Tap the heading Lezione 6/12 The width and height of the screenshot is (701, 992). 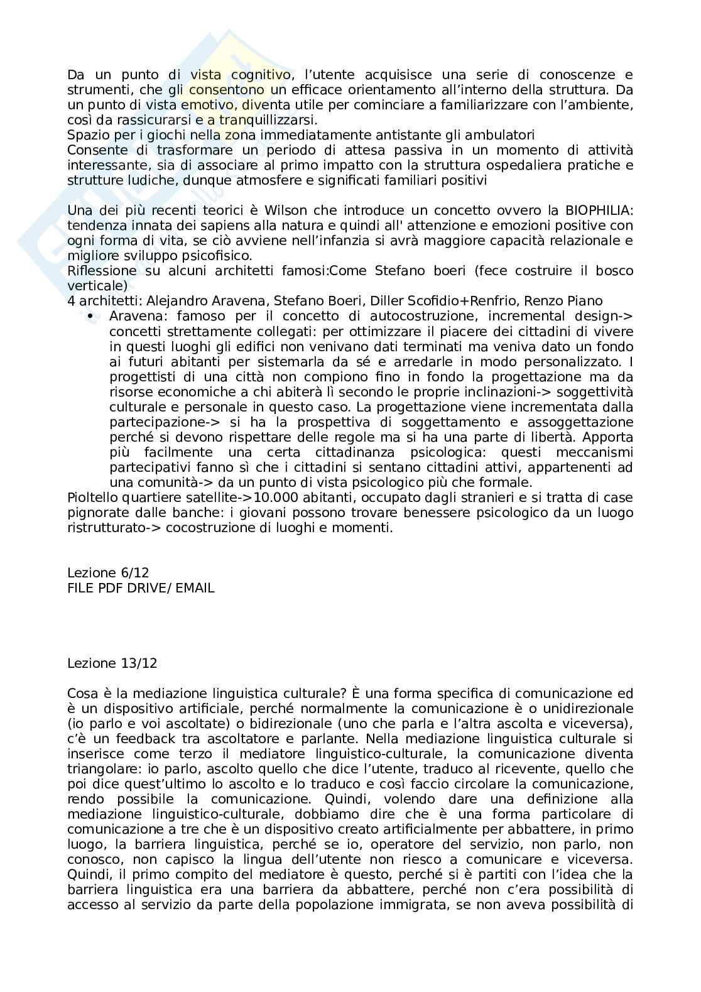tap(108, 573)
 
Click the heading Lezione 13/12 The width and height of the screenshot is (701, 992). tap(112, 663)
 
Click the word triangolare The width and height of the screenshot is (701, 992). tap(101, 769)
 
